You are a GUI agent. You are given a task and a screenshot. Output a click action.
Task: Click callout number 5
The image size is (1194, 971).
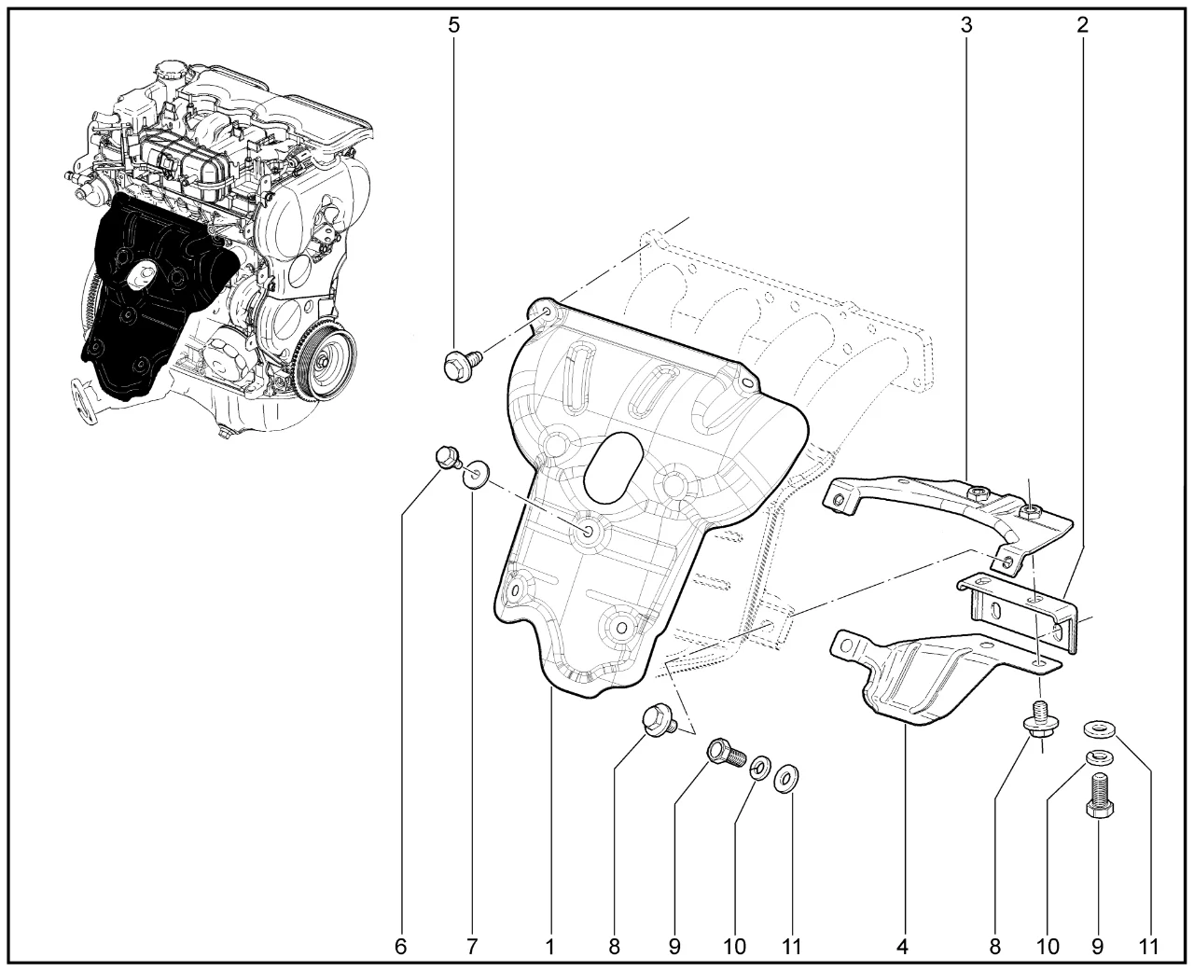(x=453, y=25)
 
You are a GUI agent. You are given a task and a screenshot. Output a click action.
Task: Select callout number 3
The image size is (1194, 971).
(x=965, y=25)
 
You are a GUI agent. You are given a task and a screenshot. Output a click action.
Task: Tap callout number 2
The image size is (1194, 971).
(x=1082, y=25)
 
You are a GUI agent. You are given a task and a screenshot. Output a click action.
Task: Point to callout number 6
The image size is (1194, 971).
(x=400, y=947)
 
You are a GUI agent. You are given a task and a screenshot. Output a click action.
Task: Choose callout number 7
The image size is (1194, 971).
(x=471, y=947)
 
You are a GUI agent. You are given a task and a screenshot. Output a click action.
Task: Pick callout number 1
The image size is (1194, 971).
(x=550, y=947)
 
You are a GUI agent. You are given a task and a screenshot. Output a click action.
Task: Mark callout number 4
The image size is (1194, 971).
(x=902, y=947)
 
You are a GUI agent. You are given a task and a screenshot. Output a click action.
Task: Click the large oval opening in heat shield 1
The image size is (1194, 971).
(x=613, y=466)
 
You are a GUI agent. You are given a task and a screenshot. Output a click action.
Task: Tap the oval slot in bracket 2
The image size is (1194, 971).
(x=996, y=609)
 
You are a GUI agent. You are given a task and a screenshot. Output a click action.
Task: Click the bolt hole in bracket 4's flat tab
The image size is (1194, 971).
(x=1039, y=664)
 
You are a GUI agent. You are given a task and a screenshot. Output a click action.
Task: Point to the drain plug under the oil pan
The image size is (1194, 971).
(x=224, y=433)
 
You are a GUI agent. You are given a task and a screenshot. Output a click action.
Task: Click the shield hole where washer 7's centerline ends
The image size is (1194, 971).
(x=588, y=532)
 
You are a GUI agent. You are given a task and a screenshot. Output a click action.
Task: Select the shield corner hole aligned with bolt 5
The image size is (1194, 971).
(x=547, y=310)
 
